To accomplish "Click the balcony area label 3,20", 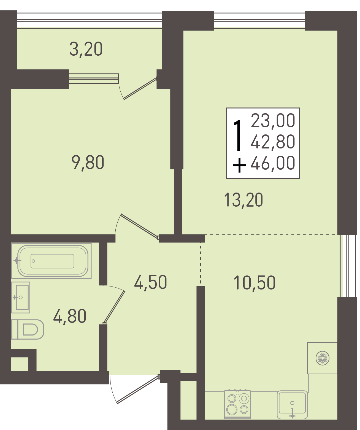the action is (x=86, y=49).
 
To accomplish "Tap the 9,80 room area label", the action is (x=88, y=163).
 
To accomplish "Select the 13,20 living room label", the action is (x=243, y=200).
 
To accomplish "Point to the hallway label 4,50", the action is (x=150, y=282).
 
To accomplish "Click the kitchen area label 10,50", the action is (x=255, y=283).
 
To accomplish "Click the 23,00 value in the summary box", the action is (x=273, y=121).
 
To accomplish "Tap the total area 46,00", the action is (x=273, y=163).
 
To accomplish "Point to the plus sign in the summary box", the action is (x=239, y=165).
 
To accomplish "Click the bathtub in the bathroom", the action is (x=51, y=261).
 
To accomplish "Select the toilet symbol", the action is (x=28, y=329).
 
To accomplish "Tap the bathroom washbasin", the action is (x=21, y=298).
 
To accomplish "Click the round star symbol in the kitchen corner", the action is (x=323, y=359).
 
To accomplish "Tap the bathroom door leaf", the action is (x=114, y=307).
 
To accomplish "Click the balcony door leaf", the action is (x=140, y=88).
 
